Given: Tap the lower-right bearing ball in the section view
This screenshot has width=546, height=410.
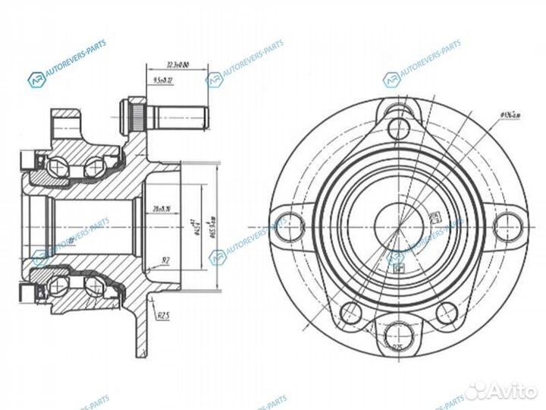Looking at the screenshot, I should (93, 286).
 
